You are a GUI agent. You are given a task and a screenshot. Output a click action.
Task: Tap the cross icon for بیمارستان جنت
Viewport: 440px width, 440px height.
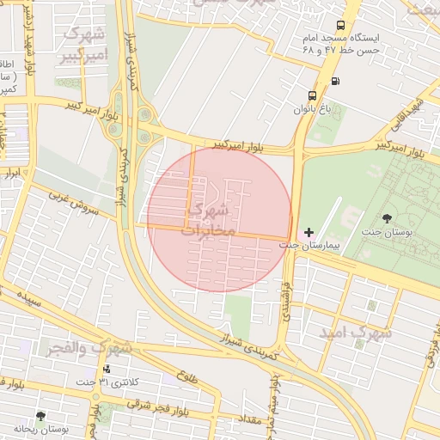309,232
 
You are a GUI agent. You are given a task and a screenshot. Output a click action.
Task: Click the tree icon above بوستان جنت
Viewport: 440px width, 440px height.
385,218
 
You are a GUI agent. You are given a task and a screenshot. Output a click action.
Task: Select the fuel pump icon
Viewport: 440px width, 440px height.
334,82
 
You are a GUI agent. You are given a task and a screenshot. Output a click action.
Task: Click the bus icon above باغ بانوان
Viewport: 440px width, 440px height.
311,95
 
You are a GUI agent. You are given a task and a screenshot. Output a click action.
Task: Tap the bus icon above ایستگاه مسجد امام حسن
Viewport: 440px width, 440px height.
341,26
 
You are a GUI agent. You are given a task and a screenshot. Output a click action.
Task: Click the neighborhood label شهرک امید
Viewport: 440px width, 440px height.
356,331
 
